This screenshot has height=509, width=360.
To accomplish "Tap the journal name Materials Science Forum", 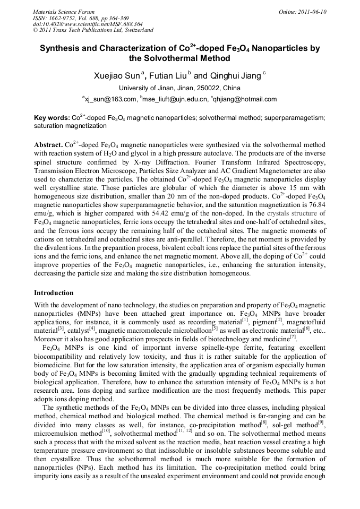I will (64, 12).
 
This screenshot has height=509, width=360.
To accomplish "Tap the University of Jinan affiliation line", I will (179, 88).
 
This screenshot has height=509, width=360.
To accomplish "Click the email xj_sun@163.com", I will (110, 99).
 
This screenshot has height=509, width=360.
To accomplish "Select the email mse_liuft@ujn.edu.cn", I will (175, 99).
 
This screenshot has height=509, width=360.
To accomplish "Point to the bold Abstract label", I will (48, 144).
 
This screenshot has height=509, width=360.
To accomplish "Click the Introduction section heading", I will (54, 293).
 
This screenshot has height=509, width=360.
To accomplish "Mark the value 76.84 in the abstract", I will (316, 204).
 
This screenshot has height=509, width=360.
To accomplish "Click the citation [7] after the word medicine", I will (307, 337).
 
